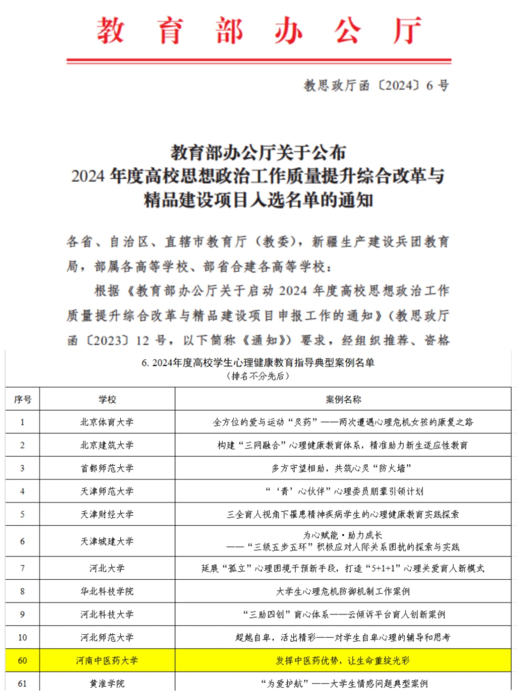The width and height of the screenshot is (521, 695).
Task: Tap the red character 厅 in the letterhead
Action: (407, 31)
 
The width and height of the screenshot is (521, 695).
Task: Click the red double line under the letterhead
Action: (259, 61)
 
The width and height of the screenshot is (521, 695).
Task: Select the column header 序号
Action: (23, 399)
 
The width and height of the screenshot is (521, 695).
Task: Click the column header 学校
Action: (107, 399)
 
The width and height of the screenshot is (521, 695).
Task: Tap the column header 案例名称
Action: (343, 399)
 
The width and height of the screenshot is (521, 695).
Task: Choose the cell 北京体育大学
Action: (107, 422)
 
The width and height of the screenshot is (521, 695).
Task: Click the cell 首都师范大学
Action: (107, 468)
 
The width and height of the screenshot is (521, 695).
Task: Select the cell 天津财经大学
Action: (107, 514)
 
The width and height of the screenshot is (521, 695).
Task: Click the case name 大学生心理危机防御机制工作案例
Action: (343, 592)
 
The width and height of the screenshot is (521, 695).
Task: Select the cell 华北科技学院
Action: (107, 592)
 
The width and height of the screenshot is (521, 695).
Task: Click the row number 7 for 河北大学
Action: (22, 568)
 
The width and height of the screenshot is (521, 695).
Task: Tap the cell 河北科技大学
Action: (107, 615)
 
